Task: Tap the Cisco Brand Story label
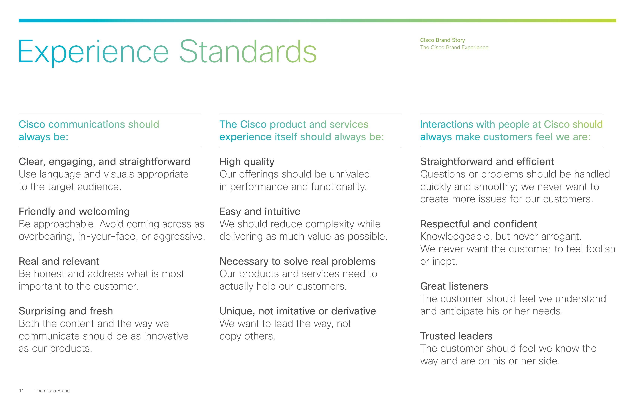442,40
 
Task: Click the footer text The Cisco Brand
52,391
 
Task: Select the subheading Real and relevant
59,261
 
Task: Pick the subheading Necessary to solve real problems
298,262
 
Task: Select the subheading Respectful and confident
479,224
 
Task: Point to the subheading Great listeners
454,286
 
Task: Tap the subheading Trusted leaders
456,336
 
